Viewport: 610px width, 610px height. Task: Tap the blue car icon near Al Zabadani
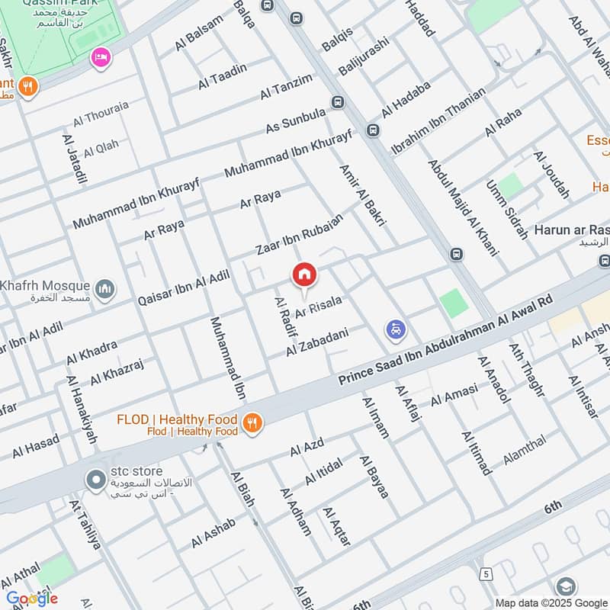[x=396, y=330]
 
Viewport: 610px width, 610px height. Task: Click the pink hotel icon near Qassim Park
[x=100, y=56]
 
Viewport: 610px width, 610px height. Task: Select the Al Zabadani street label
[x=317, y=342]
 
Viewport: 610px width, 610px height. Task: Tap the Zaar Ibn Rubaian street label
[x=298, y=235]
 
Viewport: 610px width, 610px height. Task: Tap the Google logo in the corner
[x=31, y=599]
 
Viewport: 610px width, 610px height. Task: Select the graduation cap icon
[x=566, y=586]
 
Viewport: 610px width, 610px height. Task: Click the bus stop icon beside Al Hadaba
[x=373, y=130]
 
